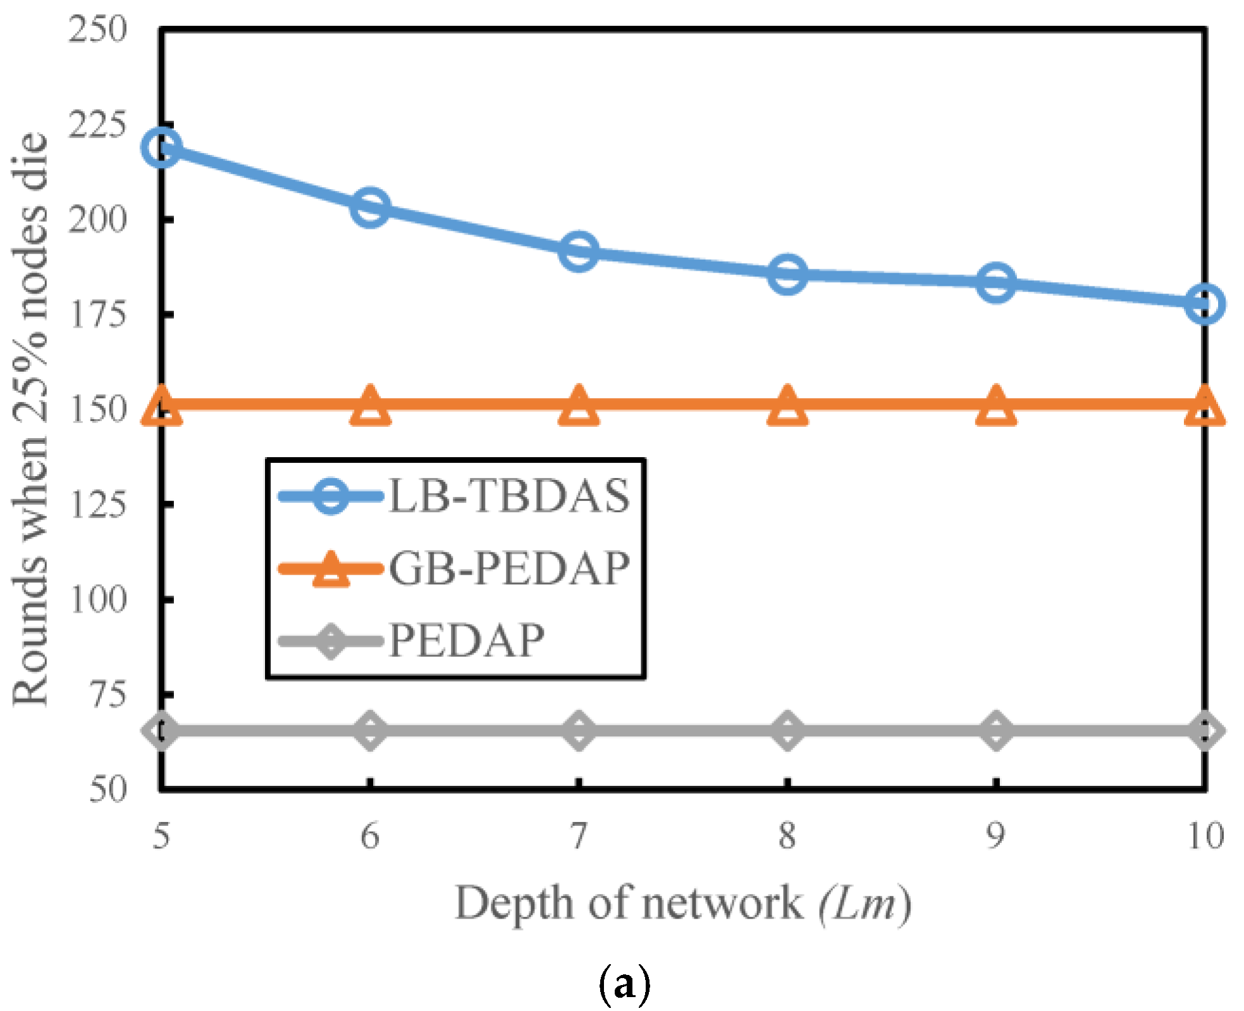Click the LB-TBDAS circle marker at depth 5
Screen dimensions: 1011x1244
[x=161, y=147]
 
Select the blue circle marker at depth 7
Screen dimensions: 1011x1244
[x=579, y=251]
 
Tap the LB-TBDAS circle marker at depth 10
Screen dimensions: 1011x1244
[x=1204, y=303]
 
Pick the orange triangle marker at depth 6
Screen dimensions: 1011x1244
[x=370, y=405]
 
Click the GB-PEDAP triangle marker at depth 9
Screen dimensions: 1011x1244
[x=996, y=405]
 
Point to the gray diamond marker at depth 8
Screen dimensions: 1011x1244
[x=787, y=730]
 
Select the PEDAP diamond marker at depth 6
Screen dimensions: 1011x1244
[x=370, y=730]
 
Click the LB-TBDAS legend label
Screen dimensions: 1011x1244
[x=509, y=496]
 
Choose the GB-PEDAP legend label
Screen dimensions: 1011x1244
[x=509, y=568]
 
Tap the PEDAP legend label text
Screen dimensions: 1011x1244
[x=466, y=640]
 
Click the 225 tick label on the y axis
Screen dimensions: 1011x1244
[x=98, y=125]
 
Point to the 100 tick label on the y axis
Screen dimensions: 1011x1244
[x=98, y=599]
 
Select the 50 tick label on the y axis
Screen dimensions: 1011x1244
[x=108, y=789]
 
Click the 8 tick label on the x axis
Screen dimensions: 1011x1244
[x=787, y=836]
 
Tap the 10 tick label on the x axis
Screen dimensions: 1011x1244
[x=1205, y=836]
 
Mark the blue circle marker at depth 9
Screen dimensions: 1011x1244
[x=996, y=282]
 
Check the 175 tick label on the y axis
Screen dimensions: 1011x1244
[x=98, y=314]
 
